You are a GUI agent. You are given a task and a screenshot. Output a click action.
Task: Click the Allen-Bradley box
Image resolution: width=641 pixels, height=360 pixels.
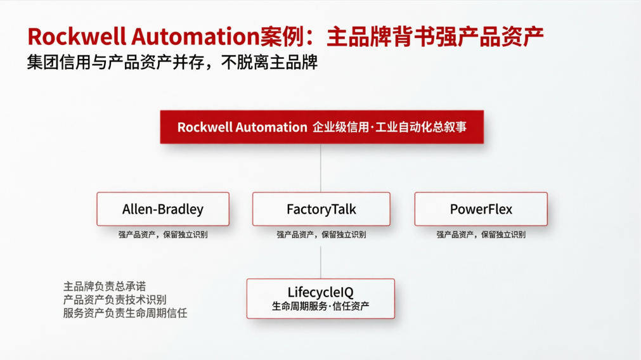tap(163, 209)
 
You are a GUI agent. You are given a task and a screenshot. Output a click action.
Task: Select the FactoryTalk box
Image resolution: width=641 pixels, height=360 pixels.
tap(321, 209)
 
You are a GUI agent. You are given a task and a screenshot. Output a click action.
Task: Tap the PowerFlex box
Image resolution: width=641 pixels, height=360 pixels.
tap(481, 209)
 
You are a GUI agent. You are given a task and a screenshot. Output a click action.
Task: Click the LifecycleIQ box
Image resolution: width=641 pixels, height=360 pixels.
tap(320, 299)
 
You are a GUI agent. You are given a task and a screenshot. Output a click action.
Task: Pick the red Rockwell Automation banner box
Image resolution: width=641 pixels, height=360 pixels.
tap(321, 127)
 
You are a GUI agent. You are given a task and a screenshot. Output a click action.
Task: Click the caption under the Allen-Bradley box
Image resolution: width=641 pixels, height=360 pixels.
tap(163, 235)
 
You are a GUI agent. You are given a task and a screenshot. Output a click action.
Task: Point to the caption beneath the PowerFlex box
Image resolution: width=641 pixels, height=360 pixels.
tap(481, 235)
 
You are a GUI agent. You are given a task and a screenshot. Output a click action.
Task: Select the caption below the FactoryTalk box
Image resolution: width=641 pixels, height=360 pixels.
tap(321, 235)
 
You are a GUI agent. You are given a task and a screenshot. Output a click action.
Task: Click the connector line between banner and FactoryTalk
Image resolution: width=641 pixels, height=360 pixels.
tap(321, 168)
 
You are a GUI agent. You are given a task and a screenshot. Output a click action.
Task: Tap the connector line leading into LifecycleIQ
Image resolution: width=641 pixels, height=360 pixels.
tap(321, 262)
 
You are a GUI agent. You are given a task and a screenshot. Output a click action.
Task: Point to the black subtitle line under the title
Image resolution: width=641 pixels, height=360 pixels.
tap(172, 63)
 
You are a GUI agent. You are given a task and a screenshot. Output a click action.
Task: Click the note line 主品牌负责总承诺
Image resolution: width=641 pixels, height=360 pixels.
tap(105, 286)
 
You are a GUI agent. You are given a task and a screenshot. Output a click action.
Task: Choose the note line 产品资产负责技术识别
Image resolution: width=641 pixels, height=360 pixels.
tap(115, 300)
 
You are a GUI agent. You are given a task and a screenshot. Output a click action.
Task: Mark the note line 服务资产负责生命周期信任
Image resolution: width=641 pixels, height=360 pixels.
tap(125, 313)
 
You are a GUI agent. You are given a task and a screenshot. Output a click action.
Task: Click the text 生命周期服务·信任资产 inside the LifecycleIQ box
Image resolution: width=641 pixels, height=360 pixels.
tap(321, 306)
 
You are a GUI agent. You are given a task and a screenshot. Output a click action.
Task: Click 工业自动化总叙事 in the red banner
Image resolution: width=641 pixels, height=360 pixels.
tap(421, 127)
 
